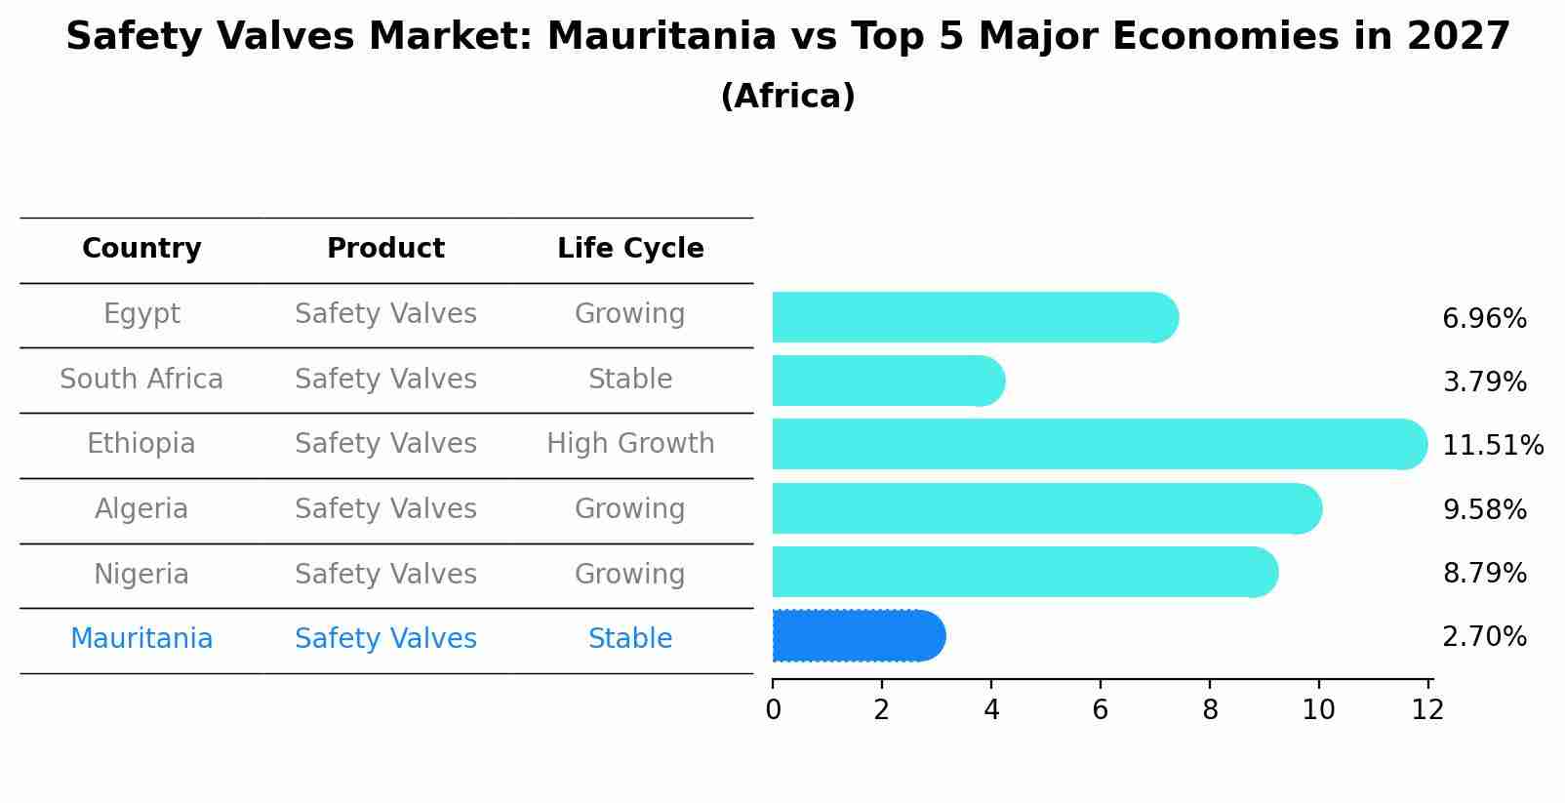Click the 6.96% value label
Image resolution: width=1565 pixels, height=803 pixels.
click(1484, 319)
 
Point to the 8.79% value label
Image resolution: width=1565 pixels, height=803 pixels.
click(1484, 573)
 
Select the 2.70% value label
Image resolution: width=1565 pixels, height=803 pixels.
click(1484, 637)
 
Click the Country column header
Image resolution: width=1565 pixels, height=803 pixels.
click(141, 249)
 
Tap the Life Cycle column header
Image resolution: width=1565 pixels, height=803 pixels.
click(630, 249)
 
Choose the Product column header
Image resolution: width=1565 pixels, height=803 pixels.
click(385, 249)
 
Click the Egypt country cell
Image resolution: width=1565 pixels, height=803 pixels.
click(141, 314)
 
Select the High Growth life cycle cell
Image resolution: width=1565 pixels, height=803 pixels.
click(630, 444)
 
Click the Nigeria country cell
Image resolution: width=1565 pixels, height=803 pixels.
click(141, 574)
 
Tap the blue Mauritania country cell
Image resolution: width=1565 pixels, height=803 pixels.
click(141, 639)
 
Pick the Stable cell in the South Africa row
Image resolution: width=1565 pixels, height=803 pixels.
click(630, 379)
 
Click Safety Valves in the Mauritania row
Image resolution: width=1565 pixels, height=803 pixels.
click(385, 639)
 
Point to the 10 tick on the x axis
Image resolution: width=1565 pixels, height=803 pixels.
click(1318, 710)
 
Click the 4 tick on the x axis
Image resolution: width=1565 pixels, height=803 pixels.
click(991, 710)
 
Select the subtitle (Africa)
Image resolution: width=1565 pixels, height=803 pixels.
click(787, 97)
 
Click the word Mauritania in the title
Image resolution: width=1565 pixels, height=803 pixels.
click(661, 37)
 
